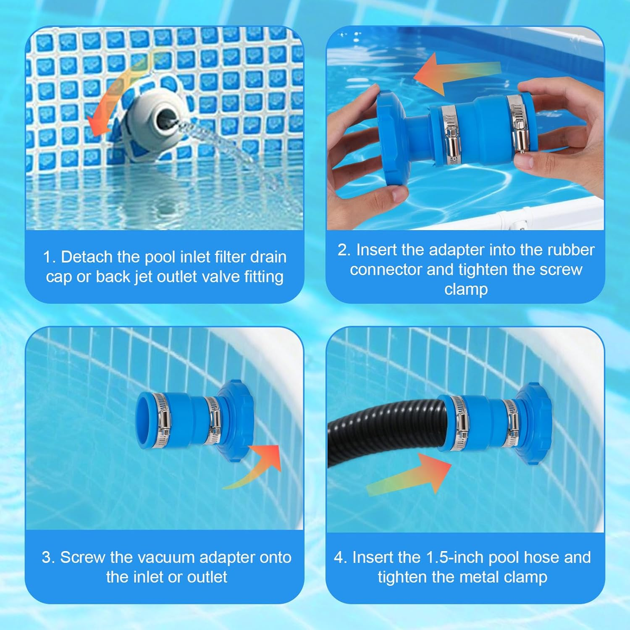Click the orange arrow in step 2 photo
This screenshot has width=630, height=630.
pos(454,76)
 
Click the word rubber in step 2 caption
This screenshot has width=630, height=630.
pos(570,250)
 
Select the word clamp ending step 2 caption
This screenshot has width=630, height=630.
pos(466,289)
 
